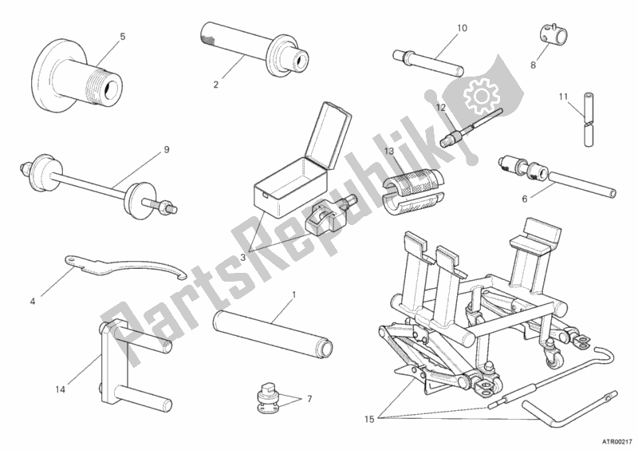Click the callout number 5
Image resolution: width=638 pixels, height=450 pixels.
[x=122, y=36]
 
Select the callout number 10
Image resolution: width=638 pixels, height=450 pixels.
[x=462, y=29]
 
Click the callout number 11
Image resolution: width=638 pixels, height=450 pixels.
[x=563, y=97]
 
